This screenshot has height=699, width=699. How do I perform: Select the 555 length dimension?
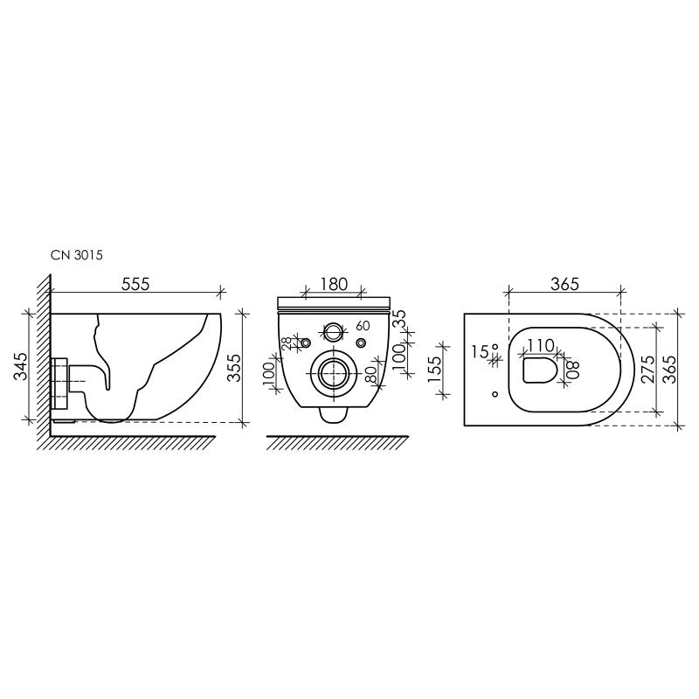tap(136, 284)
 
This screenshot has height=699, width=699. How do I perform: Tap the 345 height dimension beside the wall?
tap(19, 366)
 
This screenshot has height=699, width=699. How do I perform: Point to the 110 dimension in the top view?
tap(542, 345)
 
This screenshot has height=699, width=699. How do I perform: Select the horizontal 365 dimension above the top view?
tap(565, 284)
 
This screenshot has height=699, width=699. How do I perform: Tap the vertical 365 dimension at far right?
tap(690, 368)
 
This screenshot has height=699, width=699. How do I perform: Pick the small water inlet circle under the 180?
tap(333, 332)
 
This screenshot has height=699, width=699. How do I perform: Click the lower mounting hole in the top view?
tap(495, 394)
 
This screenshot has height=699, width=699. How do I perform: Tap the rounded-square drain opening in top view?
tap(540, 370)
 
